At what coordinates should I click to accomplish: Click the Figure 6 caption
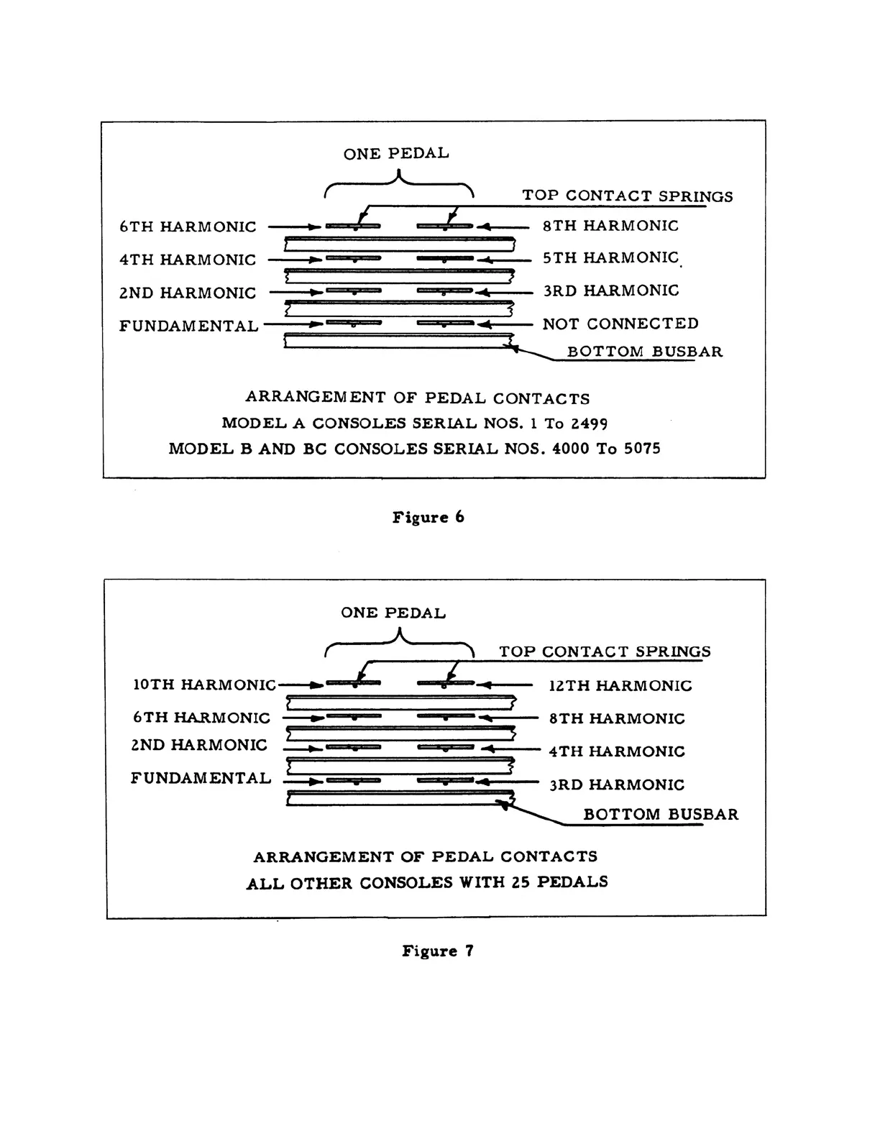point(428,518)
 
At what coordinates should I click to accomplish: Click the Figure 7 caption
point(437,951)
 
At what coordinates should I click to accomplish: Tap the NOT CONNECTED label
point(620,324)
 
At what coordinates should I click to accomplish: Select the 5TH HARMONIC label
point(610,258)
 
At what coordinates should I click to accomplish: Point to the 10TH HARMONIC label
point(204,685)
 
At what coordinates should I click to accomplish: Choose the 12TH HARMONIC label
point(620,686)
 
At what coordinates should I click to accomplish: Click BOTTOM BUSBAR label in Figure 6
point(645,352)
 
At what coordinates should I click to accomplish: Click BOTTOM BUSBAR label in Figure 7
point(661,815)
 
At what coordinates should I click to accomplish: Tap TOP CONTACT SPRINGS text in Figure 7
point(605,652)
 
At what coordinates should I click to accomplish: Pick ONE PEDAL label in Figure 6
point(396,153)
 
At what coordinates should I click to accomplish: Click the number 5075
point(641,449)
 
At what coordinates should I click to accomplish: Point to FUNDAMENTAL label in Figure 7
point(201,778)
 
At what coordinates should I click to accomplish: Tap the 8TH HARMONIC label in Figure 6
point(610,226)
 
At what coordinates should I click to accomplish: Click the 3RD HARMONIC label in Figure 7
point(617,785)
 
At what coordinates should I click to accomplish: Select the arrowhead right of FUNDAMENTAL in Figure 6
point(314,325)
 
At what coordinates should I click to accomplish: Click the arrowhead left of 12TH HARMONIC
point(487,685)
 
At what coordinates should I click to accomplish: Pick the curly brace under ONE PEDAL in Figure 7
point(400,641)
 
